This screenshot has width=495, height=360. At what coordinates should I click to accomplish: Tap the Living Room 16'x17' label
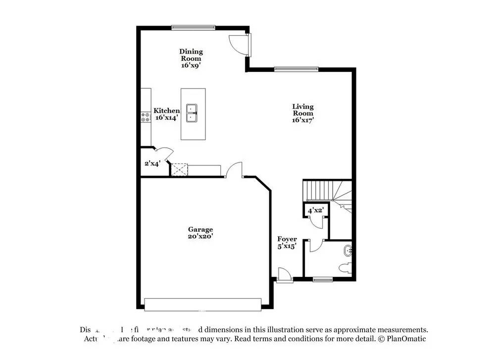(x=303, y=113)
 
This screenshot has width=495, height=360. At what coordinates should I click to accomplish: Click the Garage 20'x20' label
(x=200, y=233)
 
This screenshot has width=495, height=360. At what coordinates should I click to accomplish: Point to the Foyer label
(x=287, y=242)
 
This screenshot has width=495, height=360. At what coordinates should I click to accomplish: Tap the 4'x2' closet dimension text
(x=315, y=210)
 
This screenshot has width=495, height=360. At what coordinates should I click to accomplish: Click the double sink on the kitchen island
(x=192, y=113)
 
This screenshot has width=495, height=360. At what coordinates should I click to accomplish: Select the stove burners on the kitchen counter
(x=146, y=117)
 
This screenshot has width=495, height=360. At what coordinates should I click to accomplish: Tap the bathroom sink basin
(x=348, y=251)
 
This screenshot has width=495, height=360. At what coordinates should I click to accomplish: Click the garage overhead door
(x=202, y=304)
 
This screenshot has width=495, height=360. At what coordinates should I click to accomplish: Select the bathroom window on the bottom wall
(x=322, y=280)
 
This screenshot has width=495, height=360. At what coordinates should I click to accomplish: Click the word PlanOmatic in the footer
(x=405, y=339)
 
